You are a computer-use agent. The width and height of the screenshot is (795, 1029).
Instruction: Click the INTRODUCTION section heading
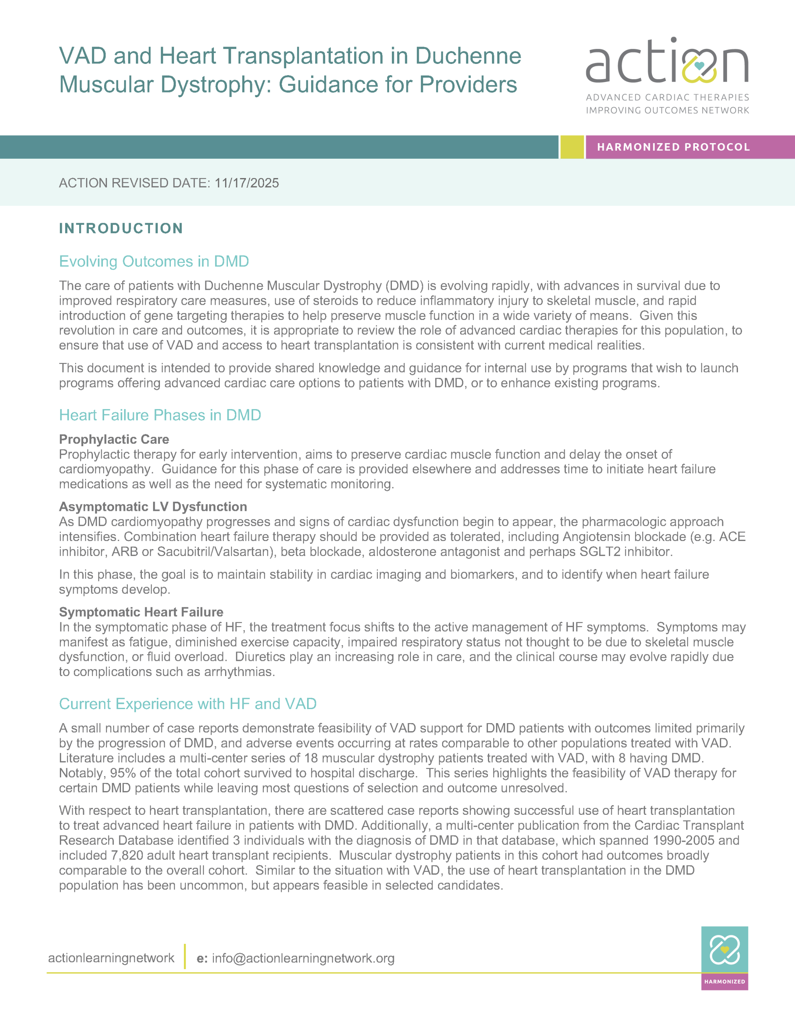pos(121,228)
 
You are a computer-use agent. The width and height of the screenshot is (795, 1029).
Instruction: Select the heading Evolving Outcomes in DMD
pos(154,262)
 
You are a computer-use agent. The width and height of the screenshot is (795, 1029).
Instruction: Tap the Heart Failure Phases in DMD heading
pos(160,415)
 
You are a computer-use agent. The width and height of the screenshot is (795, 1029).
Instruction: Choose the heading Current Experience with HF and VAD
pos(188,704)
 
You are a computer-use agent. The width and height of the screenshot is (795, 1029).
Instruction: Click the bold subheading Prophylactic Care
pos(114,439)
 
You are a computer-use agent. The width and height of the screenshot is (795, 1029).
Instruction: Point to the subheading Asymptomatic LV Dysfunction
pos(153,506)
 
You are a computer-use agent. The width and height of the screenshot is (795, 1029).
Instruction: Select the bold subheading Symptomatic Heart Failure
pos(141,612)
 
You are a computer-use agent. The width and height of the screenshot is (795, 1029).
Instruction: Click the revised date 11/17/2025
pos(246,183)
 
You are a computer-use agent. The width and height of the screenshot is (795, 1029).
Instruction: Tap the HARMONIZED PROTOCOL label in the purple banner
pos(673,147)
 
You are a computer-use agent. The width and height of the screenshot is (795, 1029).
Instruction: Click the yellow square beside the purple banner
pos(572,147)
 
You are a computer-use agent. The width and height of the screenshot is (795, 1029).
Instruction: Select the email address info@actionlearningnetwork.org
pos(303,958)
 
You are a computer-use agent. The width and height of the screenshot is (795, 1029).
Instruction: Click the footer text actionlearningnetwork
pos(111,958)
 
